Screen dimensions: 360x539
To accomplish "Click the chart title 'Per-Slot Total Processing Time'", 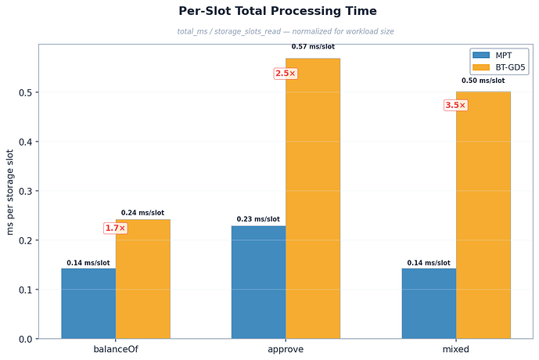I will (278, 11).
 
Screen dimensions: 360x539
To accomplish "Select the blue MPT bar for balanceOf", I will (88, 303).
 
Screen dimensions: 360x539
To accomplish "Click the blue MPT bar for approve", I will (258, 282).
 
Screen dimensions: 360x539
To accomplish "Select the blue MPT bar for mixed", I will (429, 303).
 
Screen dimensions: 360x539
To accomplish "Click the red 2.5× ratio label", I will (286, 74).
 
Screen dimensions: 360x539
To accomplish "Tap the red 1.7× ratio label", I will (115, 229).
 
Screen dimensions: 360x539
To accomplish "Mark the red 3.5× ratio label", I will (455, 106).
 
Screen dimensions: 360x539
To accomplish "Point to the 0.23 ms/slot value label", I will (258, 220).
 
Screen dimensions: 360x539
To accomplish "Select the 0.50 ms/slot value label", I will (483, 81).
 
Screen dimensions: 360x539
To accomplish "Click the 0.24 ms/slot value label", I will (142, 213).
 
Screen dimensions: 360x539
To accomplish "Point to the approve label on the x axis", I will (286, 349).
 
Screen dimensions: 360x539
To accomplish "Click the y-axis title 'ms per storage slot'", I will (10, 192).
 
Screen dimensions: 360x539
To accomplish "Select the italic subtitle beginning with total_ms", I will (278, 31).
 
